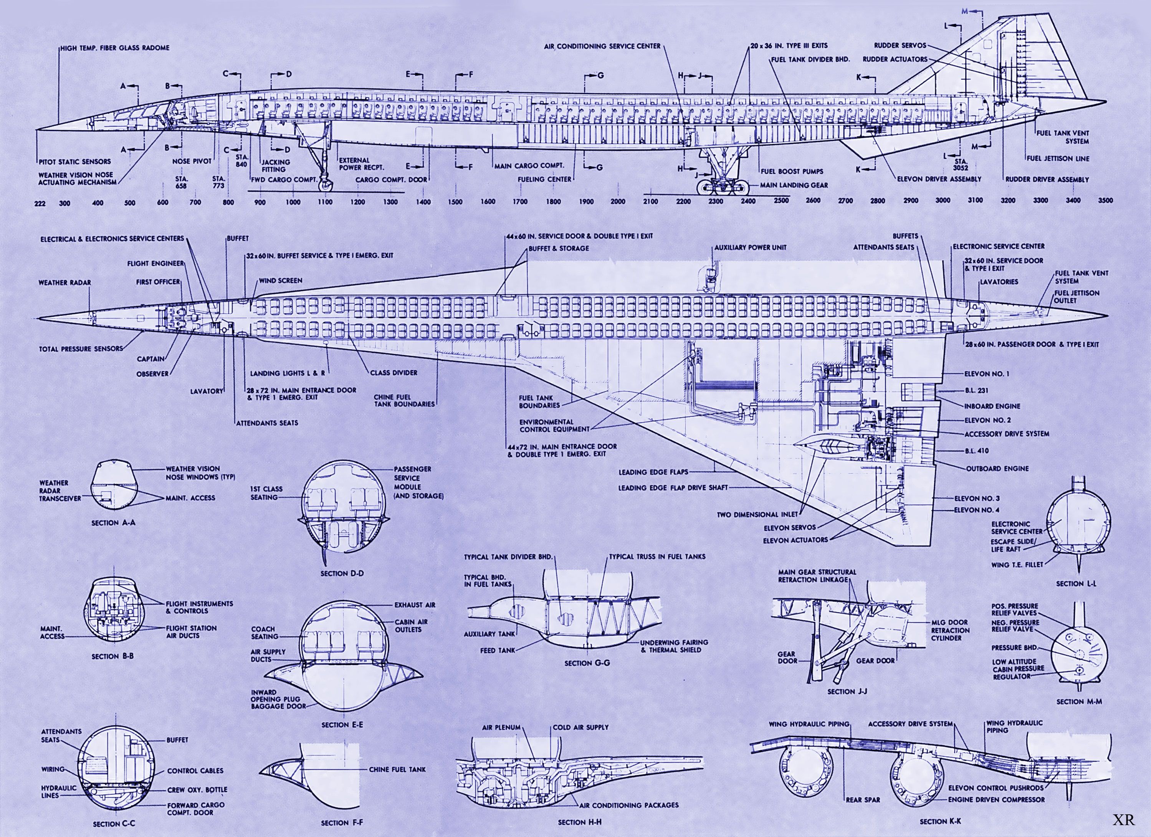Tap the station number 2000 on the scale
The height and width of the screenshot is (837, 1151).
click(618, 201)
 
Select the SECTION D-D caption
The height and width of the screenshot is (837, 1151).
click(342, 574)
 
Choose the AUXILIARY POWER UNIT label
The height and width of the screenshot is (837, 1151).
click(750, 248)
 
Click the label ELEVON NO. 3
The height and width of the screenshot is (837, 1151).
click(977, 499)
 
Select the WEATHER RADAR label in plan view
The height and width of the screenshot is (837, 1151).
click(64, 282)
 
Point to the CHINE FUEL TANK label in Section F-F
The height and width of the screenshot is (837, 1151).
click(397, 769)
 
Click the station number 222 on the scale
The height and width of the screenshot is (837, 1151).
click(40, 204)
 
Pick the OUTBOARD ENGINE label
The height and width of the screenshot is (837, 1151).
click(997, 469)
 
